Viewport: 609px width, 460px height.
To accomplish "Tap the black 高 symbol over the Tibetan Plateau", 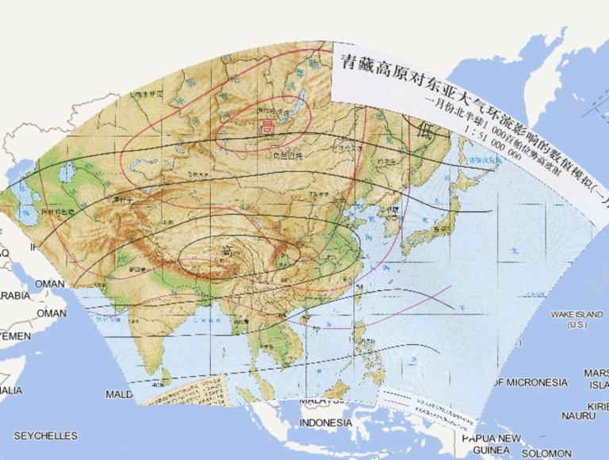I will pyautogui.click(x=227, y=252).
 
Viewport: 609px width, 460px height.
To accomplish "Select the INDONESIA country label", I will pyautogui.click(x=326, y=423).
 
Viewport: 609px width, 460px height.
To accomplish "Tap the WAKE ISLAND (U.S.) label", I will pyautogui.click(x=577, y=320).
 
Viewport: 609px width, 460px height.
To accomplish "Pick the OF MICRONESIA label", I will pyautogui.click(x=530, y=382).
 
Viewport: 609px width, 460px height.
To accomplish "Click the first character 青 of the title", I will pyautogui.click(x=347, y=62).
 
